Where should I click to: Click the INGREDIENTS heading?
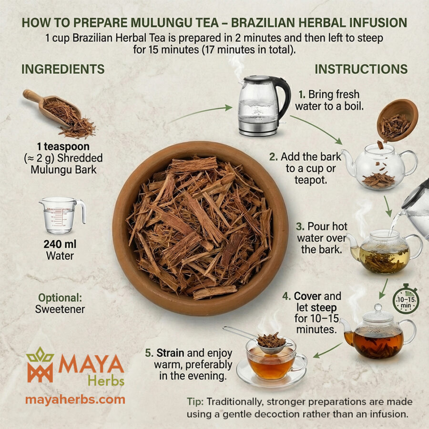63,69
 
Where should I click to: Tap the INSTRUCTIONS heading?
361,69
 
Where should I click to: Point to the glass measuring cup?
61,215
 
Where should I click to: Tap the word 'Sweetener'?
60,309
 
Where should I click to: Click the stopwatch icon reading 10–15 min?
406,299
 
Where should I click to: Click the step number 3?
300,226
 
